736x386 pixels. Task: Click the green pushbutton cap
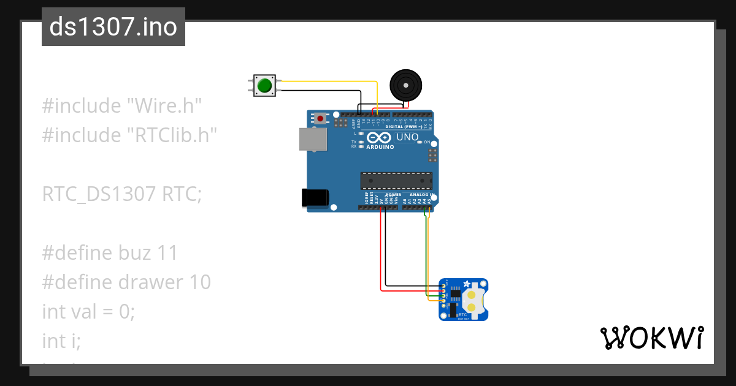click(264, 85)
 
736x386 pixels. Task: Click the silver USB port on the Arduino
click(313, 139)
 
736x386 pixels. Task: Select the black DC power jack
click(315, 198)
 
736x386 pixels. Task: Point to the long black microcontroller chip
click(396, 181)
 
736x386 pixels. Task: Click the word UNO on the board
click(408, 137)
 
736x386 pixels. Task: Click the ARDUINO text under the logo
click(380, 147)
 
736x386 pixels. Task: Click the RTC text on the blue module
click(462, 314)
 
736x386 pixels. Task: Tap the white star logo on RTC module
click(466, 284)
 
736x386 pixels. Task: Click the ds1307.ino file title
click(113, 27)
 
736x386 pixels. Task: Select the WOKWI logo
click(651, 338)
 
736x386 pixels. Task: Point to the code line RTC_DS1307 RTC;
click(121, 194)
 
